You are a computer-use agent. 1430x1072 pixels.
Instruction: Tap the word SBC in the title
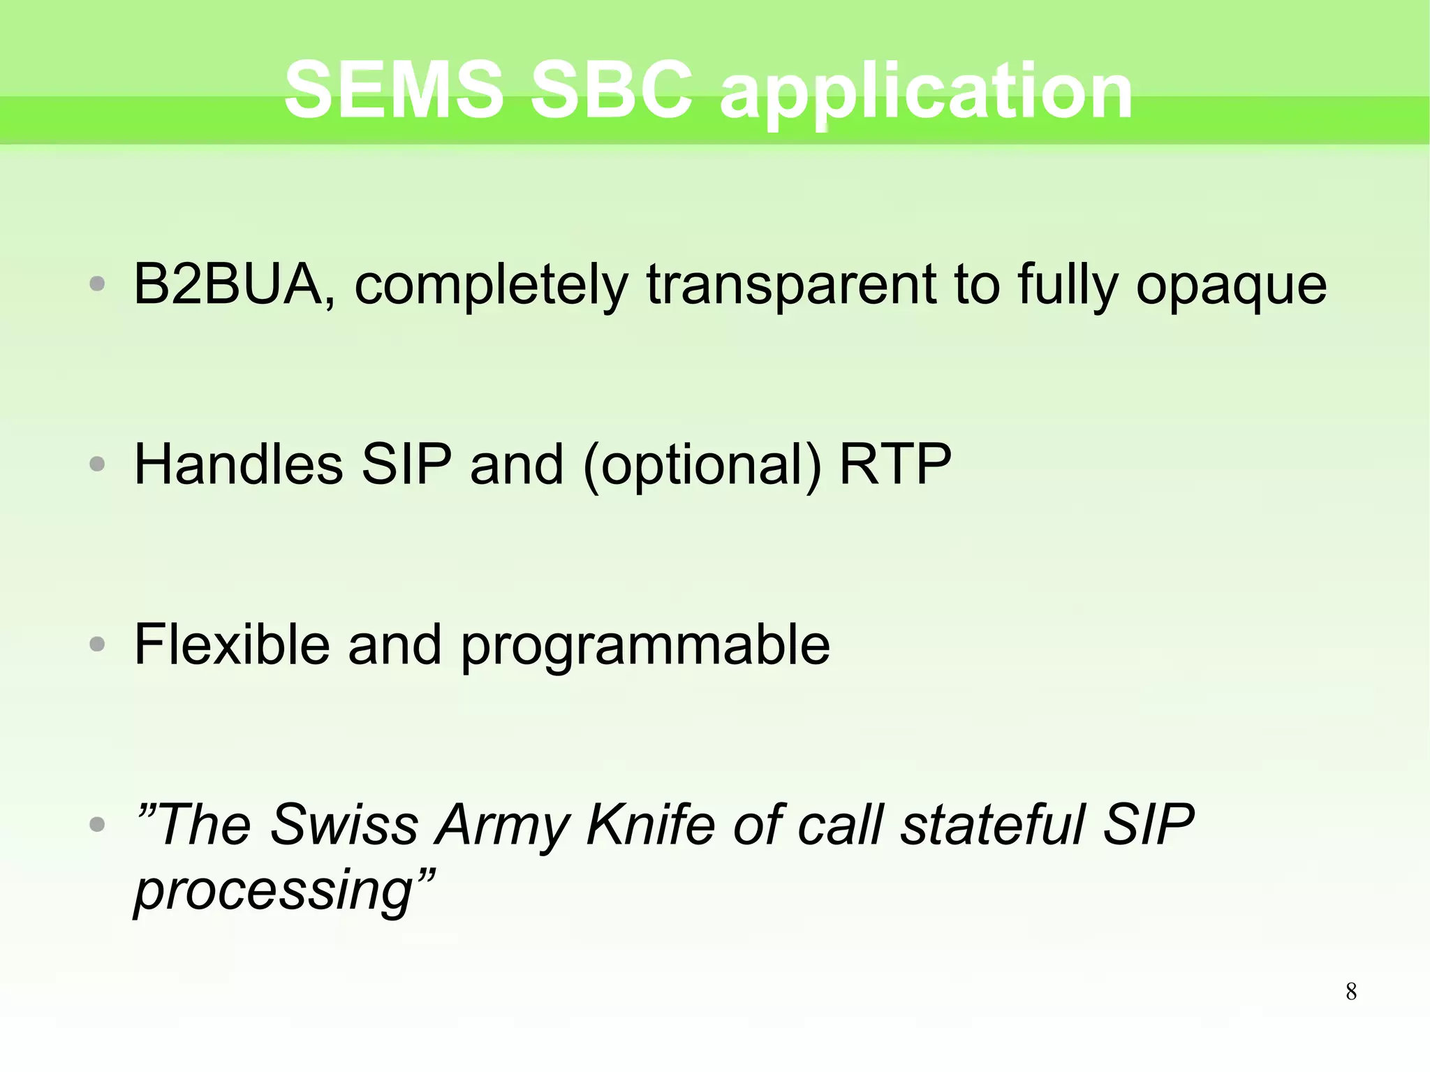611,89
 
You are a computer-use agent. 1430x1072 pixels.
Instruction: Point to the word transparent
790,285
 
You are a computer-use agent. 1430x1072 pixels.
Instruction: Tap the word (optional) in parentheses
702,465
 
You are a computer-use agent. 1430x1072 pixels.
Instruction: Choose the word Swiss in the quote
344,824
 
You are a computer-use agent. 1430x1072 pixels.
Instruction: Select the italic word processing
274,891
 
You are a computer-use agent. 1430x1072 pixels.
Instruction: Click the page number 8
1351,992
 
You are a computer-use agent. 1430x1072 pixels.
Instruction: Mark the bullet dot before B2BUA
98,284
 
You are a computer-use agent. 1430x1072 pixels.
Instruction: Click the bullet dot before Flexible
98,644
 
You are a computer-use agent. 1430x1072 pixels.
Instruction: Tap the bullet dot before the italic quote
98,825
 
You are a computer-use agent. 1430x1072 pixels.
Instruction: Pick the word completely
492,285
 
